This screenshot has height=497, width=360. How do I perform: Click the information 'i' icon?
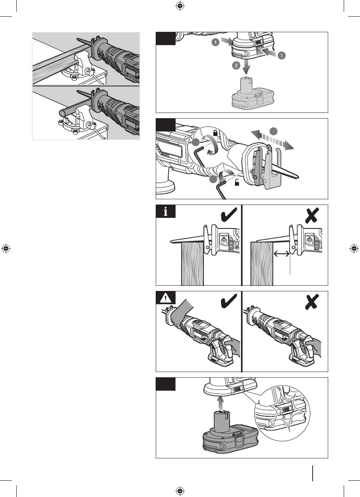[x=165, y=211]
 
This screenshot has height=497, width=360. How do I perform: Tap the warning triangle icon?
[x=165, y=298]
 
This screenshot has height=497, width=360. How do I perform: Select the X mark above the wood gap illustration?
[x=312, y=215]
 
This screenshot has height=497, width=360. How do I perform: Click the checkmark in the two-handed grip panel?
[x=229, y=301]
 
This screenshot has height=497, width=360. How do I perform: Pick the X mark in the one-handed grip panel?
[x=312, y=302]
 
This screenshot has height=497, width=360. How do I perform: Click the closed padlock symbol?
[x=215, y=133]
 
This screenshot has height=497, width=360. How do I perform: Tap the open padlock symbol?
[x=237, y=183]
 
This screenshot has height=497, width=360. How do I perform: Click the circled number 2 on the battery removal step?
[x=236, y=66]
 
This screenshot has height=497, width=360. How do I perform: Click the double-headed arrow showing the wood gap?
[x=282, y=253]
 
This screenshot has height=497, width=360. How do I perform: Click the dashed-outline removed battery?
[x=253, y=93]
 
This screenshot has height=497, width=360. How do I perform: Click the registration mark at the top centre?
[x=180, y=6]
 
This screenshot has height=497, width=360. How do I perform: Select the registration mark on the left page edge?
[x=6, y=248]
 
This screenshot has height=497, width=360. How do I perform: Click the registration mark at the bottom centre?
[x=180, y=491]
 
